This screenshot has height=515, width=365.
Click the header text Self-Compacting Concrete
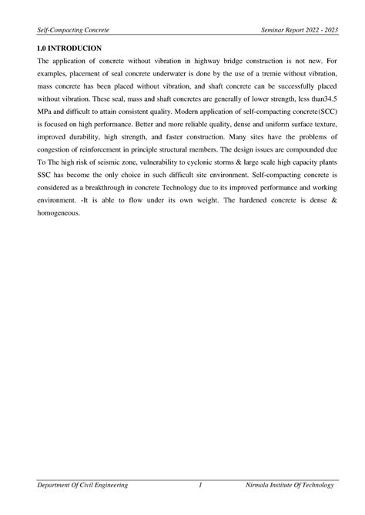coord(68,28)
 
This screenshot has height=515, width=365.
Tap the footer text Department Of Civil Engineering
coord(78,485)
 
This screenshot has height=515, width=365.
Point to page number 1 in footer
coord(199,485)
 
